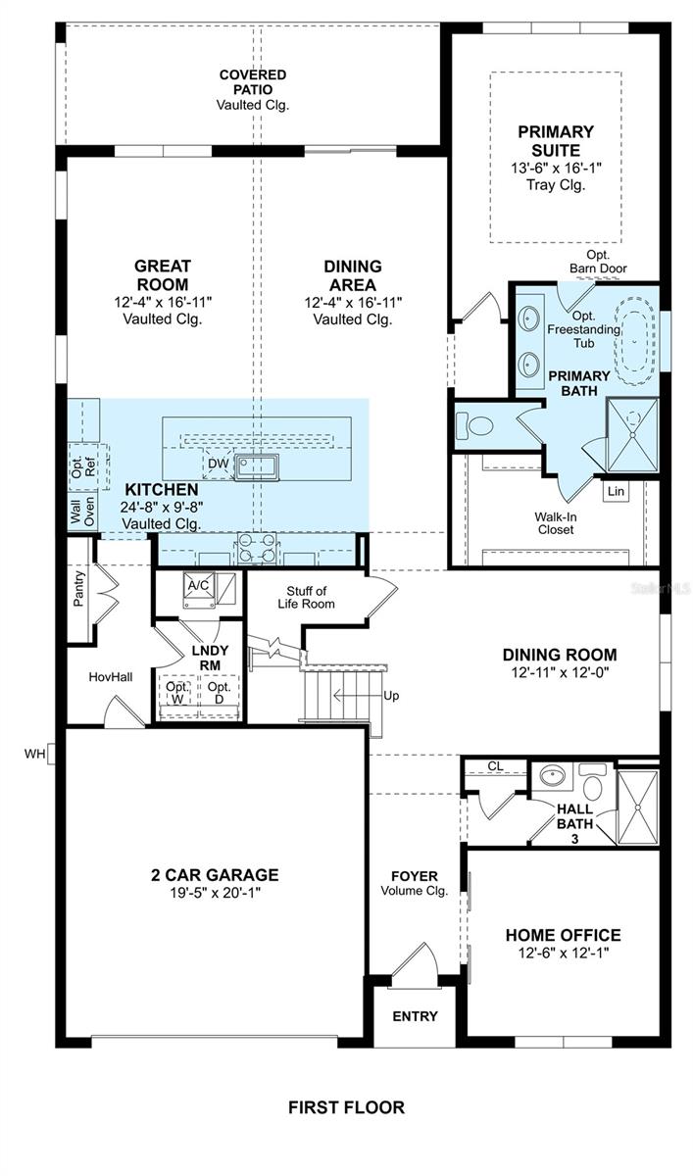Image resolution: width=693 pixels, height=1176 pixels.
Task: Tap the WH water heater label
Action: click(x=34, y=754)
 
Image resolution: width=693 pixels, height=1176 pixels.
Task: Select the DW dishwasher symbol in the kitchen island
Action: click(x=219, y=464)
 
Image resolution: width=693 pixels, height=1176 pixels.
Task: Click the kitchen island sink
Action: click(x=257, y=466)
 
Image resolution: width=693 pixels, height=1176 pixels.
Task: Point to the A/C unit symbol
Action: click(x=198, y=588)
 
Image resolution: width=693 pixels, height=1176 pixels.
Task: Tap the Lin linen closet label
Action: click(x=616, y=491)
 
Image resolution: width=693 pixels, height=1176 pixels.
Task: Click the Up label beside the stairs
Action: click(x=391, y=696)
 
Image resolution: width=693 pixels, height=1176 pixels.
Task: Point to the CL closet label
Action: click(x=495, y=766)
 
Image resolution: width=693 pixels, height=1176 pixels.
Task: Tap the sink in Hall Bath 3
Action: click(x=552, y=775)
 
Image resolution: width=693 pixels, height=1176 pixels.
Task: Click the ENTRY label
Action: click(x=415, y=1016)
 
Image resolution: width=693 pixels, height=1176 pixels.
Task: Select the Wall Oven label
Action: click(x=82, y=511)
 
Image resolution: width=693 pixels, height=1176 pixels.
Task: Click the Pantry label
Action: click(x=78, y=589)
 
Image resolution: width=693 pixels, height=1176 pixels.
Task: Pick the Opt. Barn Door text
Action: click(x=598, y=262)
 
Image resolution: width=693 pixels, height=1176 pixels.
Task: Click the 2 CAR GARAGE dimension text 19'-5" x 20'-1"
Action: click(x=214, y=892)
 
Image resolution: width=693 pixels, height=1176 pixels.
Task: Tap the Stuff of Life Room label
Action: click(x=306, y=598)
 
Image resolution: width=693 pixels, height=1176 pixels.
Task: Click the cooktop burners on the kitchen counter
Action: click(x=257, y=547)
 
